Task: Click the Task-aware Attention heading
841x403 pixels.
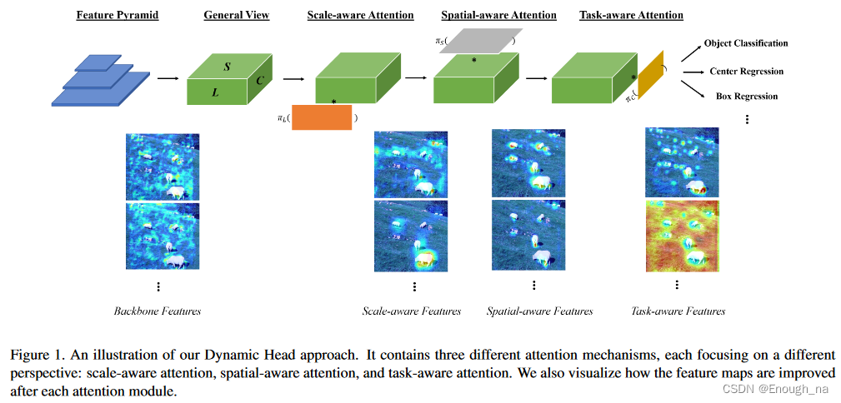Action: (631, 15)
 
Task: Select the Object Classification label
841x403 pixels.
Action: (745, 43)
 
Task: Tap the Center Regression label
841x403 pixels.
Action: (746, 72)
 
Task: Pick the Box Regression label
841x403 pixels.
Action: (746, 97)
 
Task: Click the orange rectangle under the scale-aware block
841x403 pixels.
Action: (322, 118)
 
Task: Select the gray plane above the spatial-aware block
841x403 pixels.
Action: (478, 40)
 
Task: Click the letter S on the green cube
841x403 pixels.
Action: (227, 66)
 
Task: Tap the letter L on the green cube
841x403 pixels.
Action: (215, 92)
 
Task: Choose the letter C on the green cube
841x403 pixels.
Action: (260, 81)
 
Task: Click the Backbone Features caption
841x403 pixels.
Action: (158, 311)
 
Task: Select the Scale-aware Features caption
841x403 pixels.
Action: (411, 311)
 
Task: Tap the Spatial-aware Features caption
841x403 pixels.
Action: (539, 311)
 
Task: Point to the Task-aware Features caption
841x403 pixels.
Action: (678, 311)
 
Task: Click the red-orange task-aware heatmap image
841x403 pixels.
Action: (681, 236)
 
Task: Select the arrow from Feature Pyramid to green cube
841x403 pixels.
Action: (168, 78)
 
